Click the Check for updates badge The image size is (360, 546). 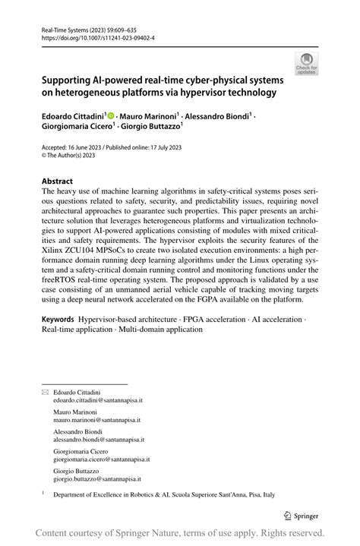tap(307, 63)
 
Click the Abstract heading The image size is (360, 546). tap(57, 181)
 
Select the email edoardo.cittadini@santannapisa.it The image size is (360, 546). tap(98, 399)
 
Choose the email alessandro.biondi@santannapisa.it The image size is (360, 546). tap(99, 439)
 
